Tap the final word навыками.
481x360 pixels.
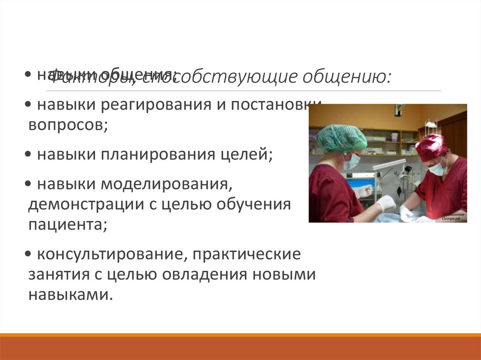click(x=70, y=296)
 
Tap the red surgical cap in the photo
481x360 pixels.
click(x=431, y=146)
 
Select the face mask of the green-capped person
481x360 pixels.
click(x=351, y=161)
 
